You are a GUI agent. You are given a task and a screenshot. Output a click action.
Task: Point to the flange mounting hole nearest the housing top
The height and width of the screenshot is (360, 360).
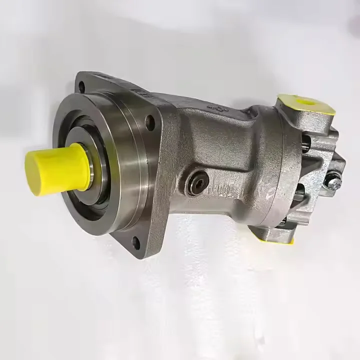(x=149, y=120)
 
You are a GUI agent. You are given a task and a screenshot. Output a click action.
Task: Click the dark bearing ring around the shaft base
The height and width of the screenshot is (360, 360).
(x=97, y=157)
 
